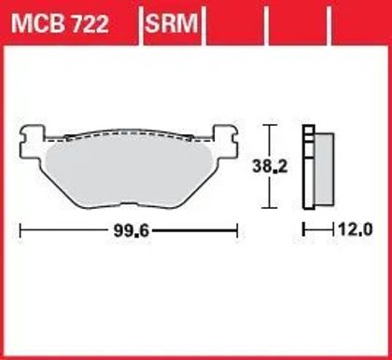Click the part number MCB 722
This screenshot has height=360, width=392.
coord(60,23)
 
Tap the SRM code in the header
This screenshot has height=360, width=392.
coord(172,23)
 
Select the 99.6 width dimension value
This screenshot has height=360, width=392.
coord(132,231)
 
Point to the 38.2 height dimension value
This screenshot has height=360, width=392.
coord(270,167)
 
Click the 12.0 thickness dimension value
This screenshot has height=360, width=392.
coord(355,230)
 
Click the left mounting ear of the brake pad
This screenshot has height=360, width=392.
coord(31,142)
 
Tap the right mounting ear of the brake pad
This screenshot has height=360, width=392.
coord(225,142)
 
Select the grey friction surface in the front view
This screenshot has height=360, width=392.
coord(129,171)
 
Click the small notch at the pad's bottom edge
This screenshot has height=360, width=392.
coord(129,203)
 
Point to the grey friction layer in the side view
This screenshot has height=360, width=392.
coord(325,169)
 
